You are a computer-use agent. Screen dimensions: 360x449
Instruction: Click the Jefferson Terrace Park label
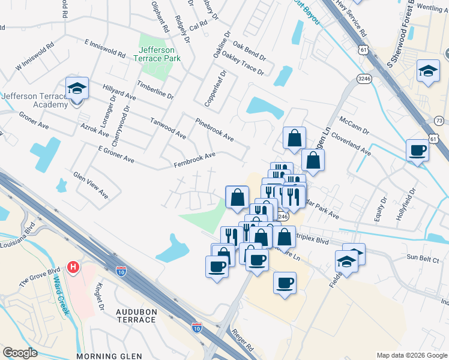tap(157, 54)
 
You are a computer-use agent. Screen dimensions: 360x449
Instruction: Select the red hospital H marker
tap(74, 266)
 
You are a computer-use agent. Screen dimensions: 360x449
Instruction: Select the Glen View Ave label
tap(91, 185)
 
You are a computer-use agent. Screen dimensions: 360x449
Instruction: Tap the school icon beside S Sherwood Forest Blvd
tap(427, 71)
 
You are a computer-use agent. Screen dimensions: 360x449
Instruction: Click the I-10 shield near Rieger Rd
tap(197, 328)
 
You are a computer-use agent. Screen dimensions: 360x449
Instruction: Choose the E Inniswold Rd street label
tap(105, 49)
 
